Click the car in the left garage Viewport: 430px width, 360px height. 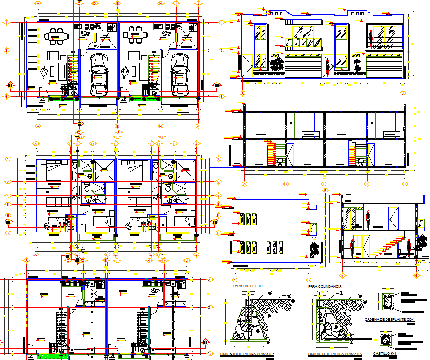(99, 73)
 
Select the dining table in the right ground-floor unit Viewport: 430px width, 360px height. (136, 34)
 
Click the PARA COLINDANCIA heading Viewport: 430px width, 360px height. (326, 286)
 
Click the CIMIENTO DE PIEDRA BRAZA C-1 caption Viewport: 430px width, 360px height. (247, 354)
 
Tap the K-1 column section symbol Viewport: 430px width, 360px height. (386, 339)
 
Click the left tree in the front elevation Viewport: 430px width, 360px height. (277, 64)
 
